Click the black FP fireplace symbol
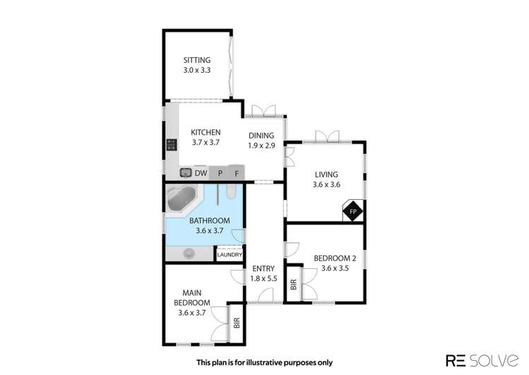352,211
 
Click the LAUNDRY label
230,255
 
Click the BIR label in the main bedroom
237,323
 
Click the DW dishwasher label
201,172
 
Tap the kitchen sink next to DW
186,172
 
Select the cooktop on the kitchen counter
171,145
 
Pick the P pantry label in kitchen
220,172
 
